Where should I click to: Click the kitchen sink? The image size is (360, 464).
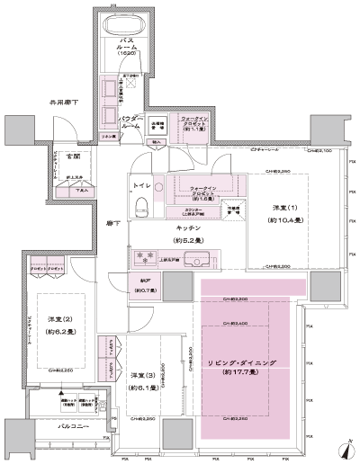coord(200,260)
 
